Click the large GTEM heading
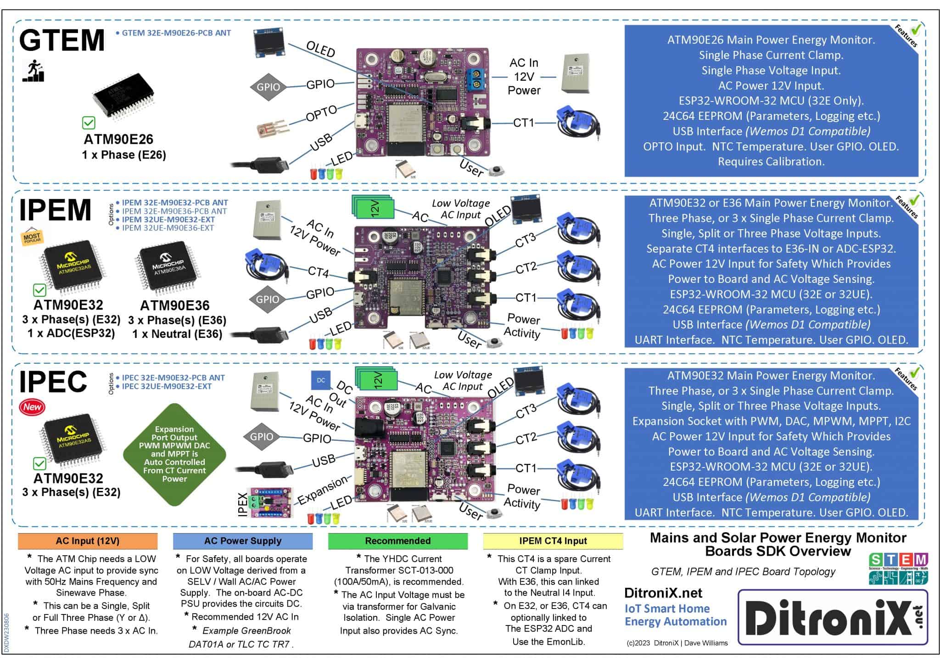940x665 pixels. (x=62, y=40)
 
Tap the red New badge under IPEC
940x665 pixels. (x=32, y=407)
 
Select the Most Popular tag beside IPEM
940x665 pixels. (x=32, y=237)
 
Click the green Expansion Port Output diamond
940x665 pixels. (x=174, y=454)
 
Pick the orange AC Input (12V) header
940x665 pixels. (x=87, y=541)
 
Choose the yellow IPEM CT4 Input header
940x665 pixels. (x=553, y=541)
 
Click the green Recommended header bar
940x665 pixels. (x=397, y=541)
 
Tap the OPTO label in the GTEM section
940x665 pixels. (x=321, y=113)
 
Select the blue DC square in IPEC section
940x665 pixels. (x=320, y=380)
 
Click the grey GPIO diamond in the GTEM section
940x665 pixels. (x=268, y=87)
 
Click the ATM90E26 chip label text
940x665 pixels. (x=118, y=140)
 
